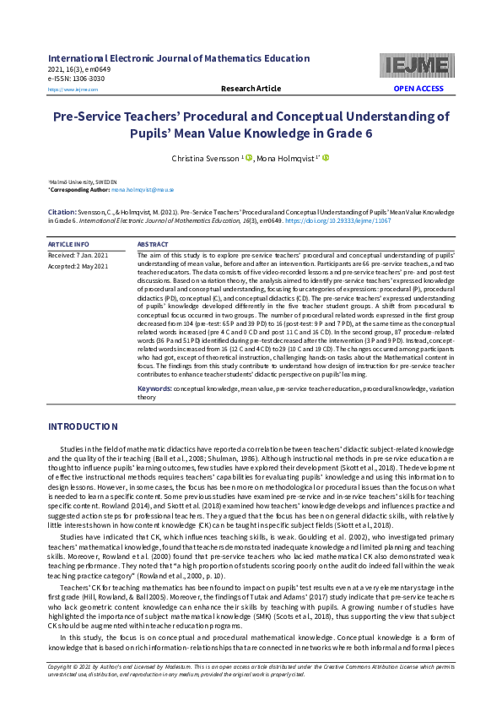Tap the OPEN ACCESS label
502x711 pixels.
418,89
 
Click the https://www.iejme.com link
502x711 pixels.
73,89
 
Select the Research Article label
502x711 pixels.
251,89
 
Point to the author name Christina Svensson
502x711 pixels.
204,158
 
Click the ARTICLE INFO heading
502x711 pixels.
69,244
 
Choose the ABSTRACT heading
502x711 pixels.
153,244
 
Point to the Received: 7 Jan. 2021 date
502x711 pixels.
78,254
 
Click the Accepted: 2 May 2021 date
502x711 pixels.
78,266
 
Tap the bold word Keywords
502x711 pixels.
155,389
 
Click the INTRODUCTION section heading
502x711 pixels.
83,426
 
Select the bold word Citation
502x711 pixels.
62,211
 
